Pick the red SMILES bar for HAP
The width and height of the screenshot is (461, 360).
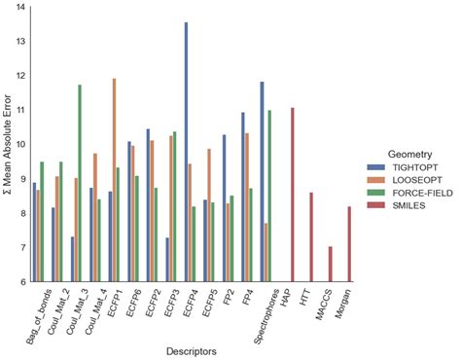click(x=292, y=195)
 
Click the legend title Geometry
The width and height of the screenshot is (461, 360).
click(x=390, y=153)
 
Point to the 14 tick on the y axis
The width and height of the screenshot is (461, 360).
click(x=20, y=8)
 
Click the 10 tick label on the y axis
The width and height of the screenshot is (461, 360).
click(x=20, y=145)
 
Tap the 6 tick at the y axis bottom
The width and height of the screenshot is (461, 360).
click(x=21, y=282)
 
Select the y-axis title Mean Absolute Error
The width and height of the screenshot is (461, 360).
click(x=8, y=146)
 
